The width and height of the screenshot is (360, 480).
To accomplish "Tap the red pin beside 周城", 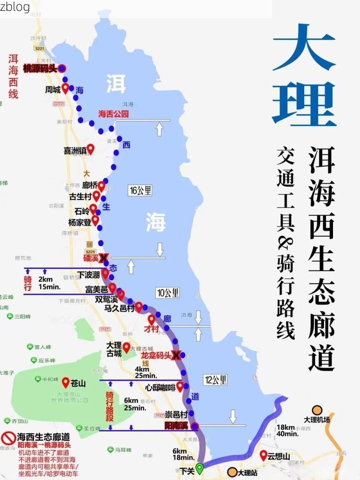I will click(x=65, y=88).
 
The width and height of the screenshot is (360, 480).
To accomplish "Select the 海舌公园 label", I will click(x=113, y=114).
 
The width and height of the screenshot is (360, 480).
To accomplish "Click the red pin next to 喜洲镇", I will click(x=90, y=148).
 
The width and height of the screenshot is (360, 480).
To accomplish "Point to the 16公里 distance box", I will click(x=139, y=190).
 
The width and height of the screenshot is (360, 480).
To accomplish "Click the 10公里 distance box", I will click(x=167, y=293).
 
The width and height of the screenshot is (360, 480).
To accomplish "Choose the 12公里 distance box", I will click(x=215, y=380).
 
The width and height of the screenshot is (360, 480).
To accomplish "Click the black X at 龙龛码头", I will click(x=176, y=355).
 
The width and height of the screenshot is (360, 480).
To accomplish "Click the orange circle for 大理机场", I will click(x=318, y=410).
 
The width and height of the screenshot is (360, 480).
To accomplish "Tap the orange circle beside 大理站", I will click(x=232, y=472).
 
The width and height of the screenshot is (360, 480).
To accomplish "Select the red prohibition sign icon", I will click(x=9, y=438).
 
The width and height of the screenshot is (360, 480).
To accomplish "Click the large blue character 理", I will click(x=304, y=103).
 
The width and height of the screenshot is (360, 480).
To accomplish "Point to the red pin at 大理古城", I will click(x=126, y=347).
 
